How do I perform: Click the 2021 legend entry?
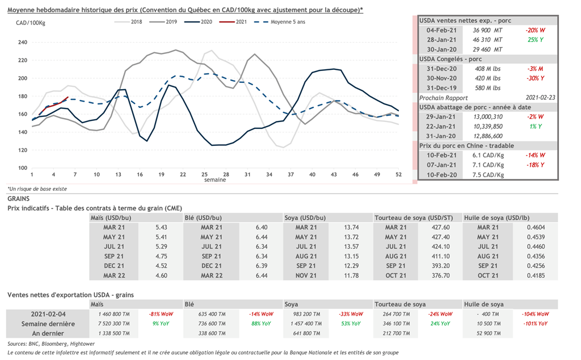(237, 22)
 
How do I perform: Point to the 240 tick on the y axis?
(23, 42)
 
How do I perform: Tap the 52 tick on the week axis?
(398, 174)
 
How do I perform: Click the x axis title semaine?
(216, 180)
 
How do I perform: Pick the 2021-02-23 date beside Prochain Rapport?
(540, 98)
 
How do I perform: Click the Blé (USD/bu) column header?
(203, 217)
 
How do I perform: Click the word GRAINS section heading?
(19, 199)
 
